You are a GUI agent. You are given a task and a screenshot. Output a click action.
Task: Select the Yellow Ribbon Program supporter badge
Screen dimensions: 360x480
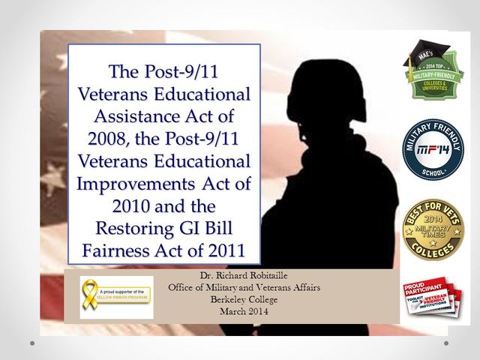pyautogui.click(x=116, y=297)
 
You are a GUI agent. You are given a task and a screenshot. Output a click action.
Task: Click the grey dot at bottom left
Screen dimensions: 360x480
pyautogui.click(x=31, y=343)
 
